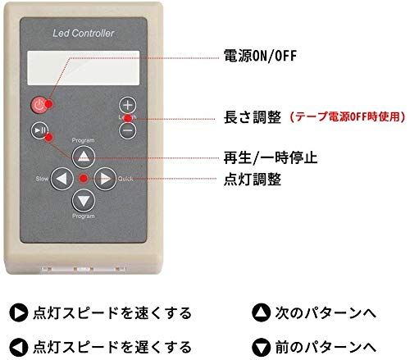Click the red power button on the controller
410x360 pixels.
tap(39, 105)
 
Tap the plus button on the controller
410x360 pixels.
tap(128, 105)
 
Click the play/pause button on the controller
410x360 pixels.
tap(39, 130)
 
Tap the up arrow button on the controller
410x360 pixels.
tap(84, 157)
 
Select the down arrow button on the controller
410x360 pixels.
tap(84, 200)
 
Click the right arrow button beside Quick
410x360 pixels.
tap(105, 179)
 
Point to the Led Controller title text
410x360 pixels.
tap(84, 33)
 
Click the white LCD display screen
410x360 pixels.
tap(84, 68)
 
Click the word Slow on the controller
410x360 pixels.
tap(42, 179)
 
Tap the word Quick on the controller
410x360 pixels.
tap(125, 179)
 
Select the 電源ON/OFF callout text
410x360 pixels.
tap(260, 56)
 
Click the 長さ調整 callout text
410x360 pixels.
tap(253, 117)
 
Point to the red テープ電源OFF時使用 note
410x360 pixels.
tap(347, 117)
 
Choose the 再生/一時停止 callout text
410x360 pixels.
tap(271, 158)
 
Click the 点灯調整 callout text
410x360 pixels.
tap(253, 180)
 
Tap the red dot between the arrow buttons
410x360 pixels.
tap(84, 179)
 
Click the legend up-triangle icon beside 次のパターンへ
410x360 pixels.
tap(261, 312)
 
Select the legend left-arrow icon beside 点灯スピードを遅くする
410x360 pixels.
tap(19, 347)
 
